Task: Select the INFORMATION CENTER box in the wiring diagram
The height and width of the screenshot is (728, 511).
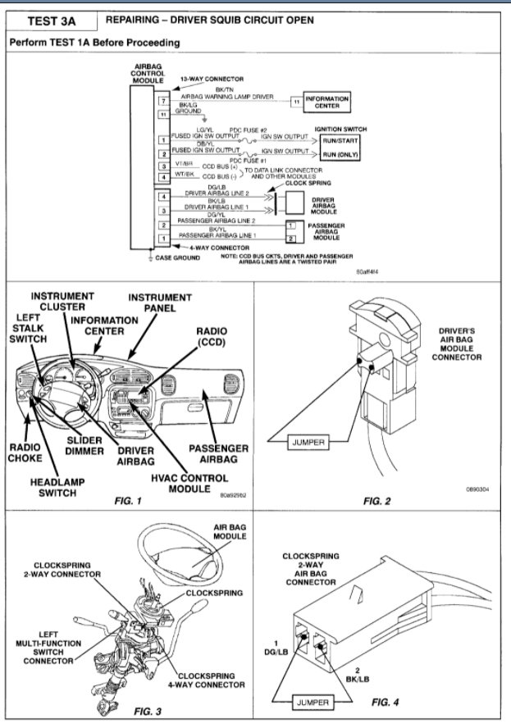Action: pyautogui.click(x=326, y=102)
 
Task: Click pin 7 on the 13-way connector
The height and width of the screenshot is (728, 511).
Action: pyautogui.click(x=162, y=100)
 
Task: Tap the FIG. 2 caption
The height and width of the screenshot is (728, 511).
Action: pyautogui.click(x=379, y=499)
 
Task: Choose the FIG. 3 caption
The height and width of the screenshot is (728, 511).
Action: pyautogui.click(x=133, y=711)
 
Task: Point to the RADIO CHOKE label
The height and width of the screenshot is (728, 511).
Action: pyautogui.click(x=25, y=453)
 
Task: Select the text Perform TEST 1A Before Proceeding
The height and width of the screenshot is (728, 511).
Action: pyautogui.click(x=94, y=42)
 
